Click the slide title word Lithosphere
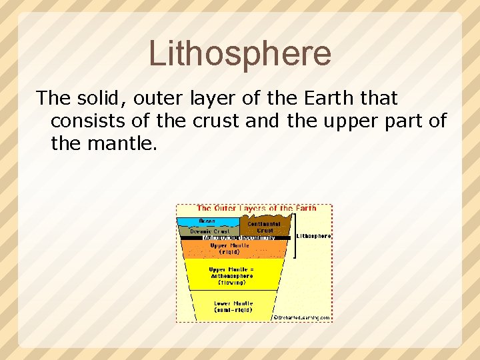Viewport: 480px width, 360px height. (x=240, y=53)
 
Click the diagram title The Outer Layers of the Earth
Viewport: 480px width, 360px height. (x=257, y=209)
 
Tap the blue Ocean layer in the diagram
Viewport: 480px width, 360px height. (x=207, y=221)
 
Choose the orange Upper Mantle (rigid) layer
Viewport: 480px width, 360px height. (x=229, y=249)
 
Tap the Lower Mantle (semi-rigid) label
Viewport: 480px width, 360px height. (x=233, y=307)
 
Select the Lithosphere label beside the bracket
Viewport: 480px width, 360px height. (x=313, y=236)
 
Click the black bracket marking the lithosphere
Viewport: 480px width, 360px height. (x=294, y=237)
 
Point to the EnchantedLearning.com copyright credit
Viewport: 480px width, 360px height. (x=302, y=318)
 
